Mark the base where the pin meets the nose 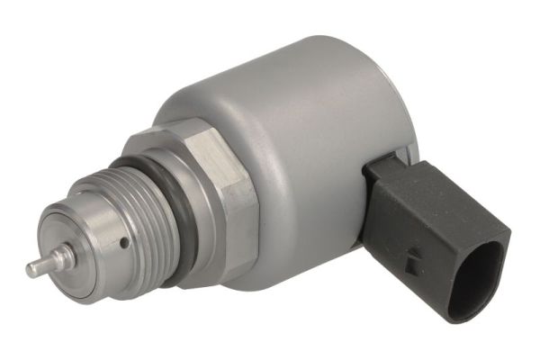tap(58, 258)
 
